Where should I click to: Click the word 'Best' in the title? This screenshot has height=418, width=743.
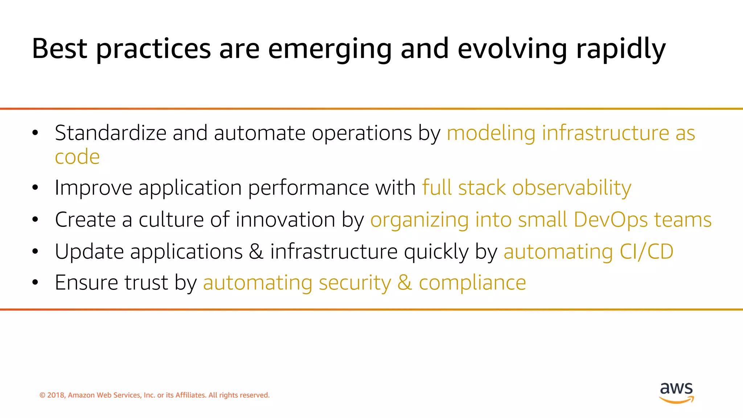tap(59, 49)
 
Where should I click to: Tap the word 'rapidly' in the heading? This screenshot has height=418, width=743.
tap(621, 49)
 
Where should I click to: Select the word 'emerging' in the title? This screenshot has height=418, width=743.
tap(330, 49)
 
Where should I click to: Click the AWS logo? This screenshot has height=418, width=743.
tap(676, 392)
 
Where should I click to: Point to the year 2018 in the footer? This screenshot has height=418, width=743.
tap(56, 395)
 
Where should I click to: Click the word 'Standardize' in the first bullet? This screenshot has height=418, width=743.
tap(110, 133)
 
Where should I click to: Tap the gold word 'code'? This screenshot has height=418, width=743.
tap(77, 157)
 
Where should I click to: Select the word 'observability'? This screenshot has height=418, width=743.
tap(571, 188)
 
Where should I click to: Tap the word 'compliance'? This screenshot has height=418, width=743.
tap(472, 283)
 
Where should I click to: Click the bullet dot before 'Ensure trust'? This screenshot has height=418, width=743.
tap(35, 283)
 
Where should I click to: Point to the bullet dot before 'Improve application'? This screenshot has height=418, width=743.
tap(35, 188)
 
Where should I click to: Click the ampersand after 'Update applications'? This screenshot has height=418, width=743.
tap(256, 251)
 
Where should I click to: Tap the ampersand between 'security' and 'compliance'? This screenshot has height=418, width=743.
tap(405, 283)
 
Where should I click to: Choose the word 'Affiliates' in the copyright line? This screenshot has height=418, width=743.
tap(190, 395)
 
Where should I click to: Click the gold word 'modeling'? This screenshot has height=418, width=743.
tap(491, 133)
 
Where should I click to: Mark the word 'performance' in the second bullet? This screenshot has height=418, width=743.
tap(308, 188)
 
